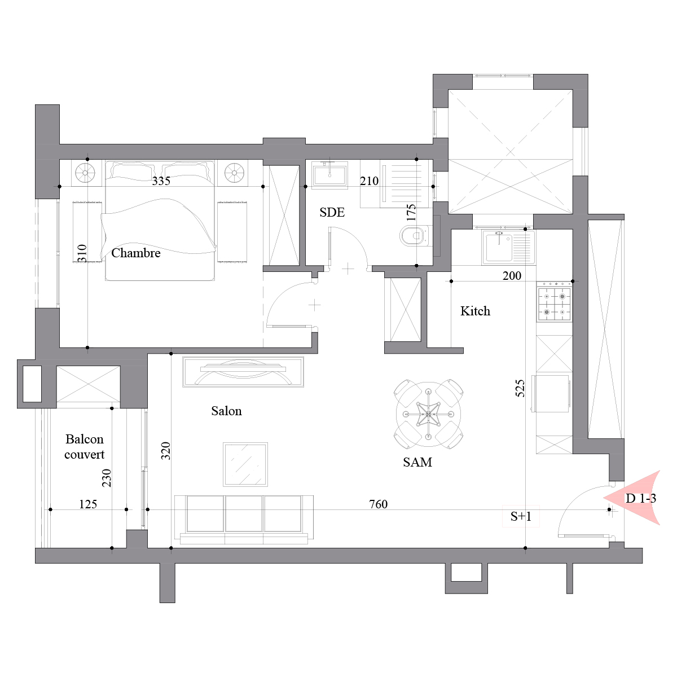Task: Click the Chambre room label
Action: (135, 253)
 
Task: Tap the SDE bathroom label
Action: (332, 212)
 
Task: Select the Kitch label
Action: (475, 311)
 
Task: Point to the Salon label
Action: (226, 411)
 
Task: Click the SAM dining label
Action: (417, 462)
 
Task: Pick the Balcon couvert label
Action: (84, 446)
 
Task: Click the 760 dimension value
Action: (379, 504)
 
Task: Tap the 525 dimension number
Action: (520, 388)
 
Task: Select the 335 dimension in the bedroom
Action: (161, 181)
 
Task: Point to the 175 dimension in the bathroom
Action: (411, 212)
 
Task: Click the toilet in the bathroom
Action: (414, 235)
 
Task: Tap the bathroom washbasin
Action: (329, 174)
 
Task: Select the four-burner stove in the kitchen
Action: (555, 304)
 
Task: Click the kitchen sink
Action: (509, 247)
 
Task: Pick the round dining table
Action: (428, 415)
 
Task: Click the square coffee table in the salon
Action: (245, 464)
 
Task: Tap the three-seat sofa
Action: (244, 520)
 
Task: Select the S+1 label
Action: (521, 516)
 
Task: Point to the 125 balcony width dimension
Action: (88, 504)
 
